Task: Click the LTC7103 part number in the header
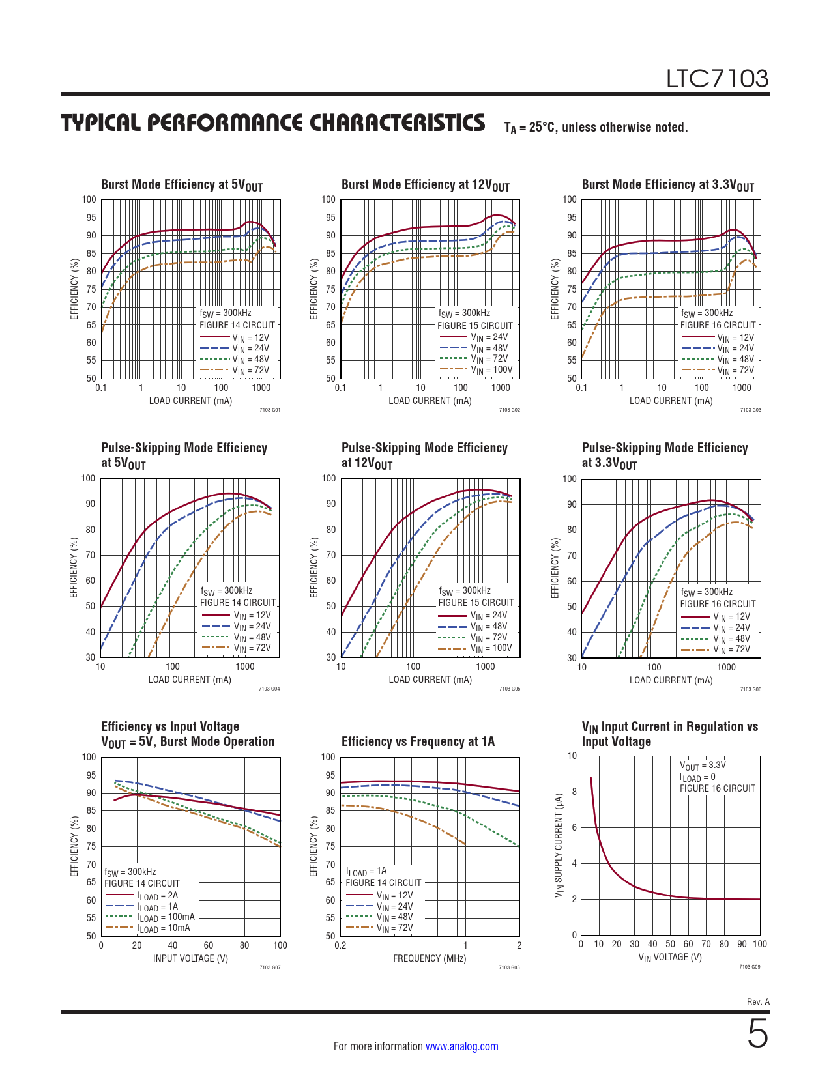[x=717, y=79]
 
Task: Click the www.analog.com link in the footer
[x=461, y=1046]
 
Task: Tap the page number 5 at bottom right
[x=757, y=1034]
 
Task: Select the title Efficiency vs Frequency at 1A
[x=418, y=741]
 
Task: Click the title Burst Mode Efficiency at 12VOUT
[x=425, y=185]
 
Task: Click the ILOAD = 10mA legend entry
[x=164, y=928]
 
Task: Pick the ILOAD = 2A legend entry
[x=157, y=896]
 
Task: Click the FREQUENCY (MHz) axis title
[x=430, y=958]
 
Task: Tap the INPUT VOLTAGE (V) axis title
[x=190, y=958]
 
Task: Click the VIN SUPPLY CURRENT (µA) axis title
[x=559, y=846]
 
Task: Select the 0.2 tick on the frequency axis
[x=340, y=945]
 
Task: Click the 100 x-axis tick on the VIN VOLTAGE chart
[x=759, y=944]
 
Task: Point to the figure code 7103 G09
[x=750, y=967]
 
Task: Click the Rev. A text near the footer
[x=758, y=1002]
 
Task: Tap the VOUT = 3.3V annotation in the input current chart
[x=703, y=766]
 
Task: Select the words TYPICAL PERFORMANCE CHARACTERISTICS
[x=273, y=123]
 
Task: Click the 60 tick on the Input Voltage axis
[x=209, y=945]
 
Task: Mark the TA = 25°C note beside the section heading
[x=596, y=128]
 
